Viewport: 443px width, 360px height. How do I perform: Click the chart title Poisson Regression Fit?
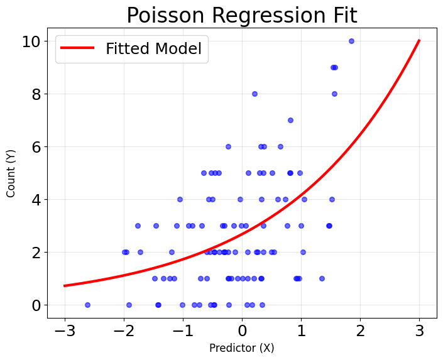[242, 15]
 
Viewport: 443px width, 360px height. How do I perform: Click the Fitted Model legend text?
[153, 48]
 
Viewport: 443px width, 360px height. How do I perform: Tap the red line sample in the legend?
[78, 48]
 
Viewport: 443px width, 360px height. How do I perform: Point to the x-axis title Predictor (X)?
[242, 348]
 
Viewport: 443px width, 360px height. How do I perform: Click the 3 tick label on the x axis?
[419, 330]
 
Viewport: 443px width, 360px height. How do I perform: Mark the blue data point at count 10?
[351, 41]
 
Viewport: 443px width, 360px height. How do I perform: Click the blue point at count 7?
[290, 120]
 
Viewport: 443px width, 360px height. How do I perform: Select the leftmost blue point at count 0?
[87, 305]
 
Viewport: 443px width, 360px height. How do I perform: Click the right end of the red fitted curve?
[419, 41]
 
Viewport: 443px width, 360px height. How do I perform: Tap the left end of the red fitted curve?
[65, 286]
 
